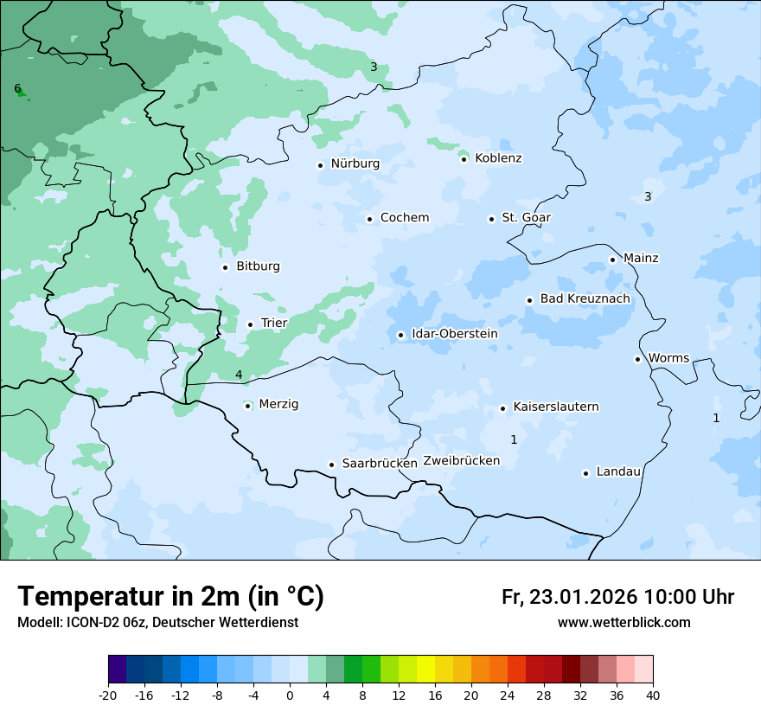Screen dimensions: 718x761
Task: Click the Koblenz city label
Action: [498, 158]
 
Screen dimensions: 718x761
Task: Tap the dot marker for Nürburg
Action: [320, 164]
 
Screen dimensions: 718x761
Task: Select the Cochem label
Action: [404, 218]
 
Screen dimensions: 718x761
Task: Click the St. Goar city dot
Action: [491, 219]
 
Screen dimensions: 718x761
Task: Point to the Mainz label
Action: [641, 259]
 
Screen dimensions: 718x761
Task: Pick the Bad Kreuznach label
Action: [585, 299]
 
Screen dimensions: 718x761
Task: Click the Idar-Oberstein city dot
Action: [400, 335]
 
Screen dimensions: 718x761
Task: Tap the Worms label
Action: [668, 358]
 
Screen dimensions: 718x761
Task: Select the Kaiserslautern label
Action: [555, 407]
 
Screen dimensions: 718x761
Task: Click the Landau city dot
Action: [585, 473]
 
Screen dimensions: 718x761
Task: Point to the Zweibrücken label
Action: [461, 461]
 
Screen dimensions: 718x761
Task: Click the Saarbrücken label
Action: [380, 464]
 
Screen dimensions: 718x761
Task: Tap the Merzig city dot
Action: [247, 405]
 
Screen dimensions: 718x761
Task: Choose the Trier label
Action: [274, 324]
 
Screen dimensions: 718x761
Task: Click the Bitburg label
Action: [258, 266]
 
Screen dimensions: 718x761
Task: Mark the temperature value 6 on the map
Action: [17, 88]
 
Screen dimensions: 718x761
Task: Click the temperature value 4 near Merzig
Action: [239, 375]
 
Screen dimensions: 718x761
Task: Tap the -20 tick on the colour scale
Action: [108, 695]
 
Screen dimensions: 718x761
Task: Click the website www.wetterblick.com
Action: [624, 623]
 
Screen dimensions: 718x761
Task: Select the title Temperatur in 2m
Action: [170, 597]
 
